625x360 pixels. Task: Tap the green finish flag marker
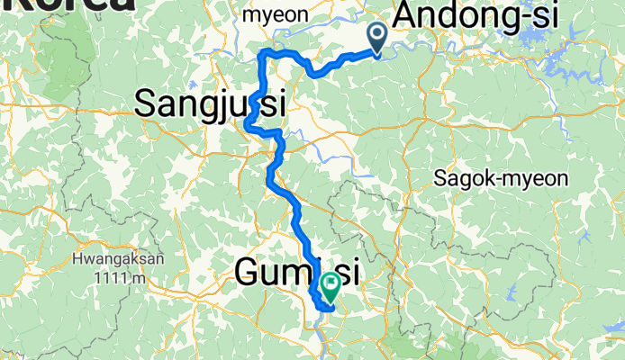coord(329,288)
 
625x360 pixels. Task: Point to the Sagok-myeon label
coord(501,178)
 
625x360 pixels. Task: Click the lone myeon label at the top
coord(276,15)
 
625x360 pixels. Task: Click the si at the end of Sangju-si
coord(273,104)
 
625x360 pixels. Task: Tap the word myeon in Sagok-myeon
coord(539,179)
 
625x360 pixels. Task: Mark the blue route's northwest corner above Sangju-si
coord(263,54)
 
